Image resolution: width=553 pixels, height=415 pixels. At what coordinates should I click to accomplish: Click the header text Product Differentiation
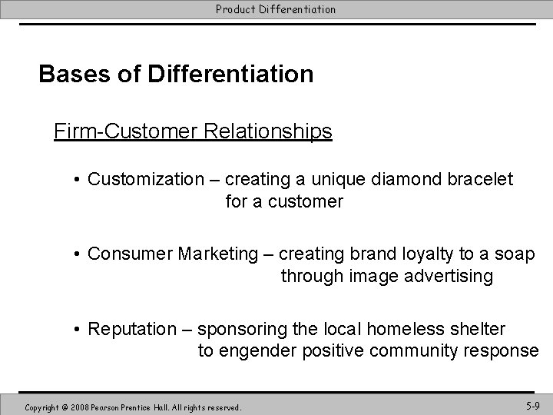[276, 9]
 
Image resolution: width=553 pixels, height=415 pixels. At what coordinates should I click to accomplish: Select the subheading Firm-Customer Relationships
[193, 131]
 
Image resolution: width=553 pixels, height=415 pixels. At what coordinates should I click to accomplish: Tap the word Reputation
[132, 329]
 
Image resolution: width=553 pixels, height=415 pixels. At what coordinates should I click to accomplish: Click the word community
[416, 351]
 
